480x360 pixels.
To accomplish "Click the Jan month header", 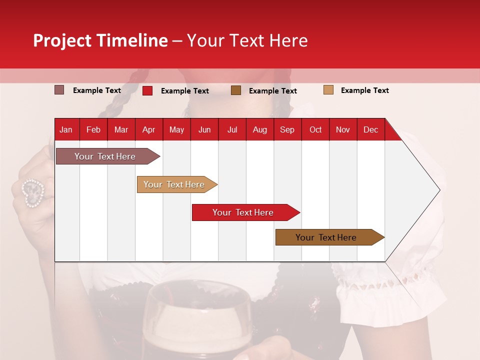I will tap(66, 129).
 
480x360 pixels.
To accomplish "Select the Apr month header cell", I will tap(148, 129).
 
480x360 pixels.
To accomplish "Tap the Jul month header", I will tap(232, 129).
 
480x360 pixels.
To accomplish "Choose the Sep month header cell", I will tap(287, 129).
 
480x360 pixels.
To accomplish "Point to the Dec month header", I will tap(370, 129).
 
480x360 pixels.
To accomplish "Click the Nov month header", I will tap(342, 129).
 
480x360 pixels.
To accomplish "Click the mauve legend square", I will tap(59, 90).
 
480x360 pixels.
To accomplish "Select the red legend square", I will tap(147, 90).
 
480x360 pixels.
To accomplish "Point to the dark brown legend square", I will tap(236, 90).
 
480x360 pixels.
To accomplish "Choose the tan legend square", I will tap(328, 90).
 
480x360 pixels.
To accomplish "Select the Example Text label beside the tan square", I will tap(364, 90).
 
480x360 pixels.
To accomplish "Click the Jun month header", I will tap(204, 129).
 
